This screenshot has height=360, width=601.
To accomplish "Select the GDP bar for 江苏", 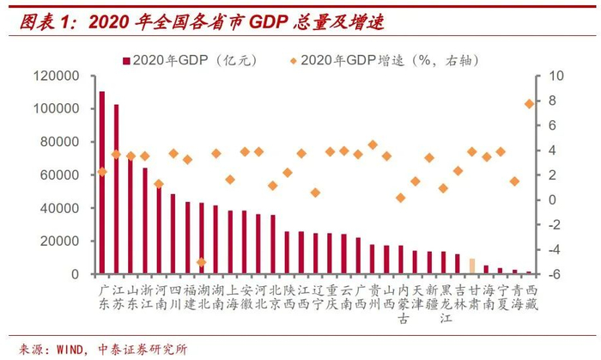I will [x=116, y=189].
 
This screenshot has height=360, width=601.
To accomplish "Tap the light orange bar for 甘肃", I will [x=471, y=265].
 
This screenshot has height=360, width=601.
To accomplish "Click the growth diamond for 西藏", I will [x=528, y=104].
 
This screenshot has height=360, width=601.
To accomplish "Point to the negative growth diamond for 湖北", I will [x=201, y=262].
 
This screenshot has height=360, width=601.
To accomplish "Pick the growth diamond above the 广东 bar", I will [x=102, y=172].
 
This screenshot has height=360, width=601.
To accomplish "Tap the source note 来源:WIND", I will [x=103, y=349].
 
